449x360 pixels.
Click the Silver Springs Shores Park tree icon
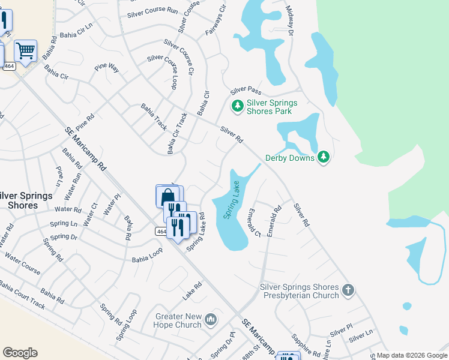pyautogui.click(x=238, y=106)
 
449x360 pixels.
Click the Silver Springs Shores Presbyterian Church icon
pyautogui.click(x=348, y=292)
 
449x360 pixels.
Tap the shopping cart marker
pyautogui.click(x=26, y=52)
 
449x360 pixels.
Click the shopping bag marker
pyautogui.click(x=167, y=196)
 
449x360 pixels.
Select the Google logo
pyautogui.click(x=20, y=353)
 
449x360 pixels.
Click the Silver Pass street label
pyautogui.click(x=246, y=91)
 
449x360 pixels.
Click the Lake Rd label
pyautogui.click(x=191, y=293)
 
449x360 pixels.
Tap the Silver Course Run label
pyautogui.click(x=152, y=11)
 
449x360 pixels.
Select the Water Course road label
pyautogui.click(x=22, y=263)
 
